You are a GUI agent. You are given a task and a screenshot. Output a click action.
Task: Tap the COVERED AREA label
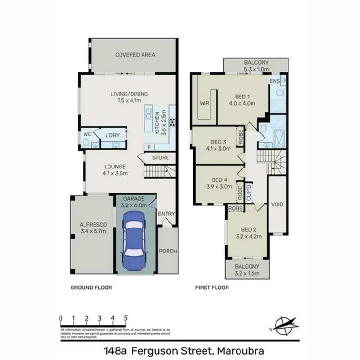pyautogui.click(x=135, y=55)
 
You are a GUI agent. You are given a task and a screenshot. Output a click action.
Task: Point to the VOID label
pyautogui.click(x=277, y=204)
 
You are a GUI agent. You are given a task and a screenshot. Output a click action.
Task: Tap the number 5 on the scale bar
pyautogui.click(x=125, y=318)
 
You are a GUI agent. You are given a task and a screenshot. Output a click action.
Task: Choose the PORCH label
pyautogui.click(x=168, y=251)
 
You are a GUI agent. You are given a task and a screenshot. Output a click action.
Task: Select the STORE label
pyautogui.click(x=160, y=157)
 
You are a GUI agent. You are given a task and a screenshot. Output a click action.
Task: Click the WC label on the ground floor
pyautogui.click(x=87, y=134)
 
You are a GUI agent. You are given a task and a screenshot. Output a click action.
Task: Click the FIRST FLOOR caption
pyautogui.click(x=212, y=288)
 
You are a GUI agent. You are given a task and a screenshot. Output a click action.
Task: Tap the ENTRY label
pyautogui.click(x=167, y=214)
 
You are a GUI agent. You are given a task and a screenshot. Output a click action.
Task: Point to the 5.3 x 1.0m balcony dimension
pyautogui.click(x=256, y=69)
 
